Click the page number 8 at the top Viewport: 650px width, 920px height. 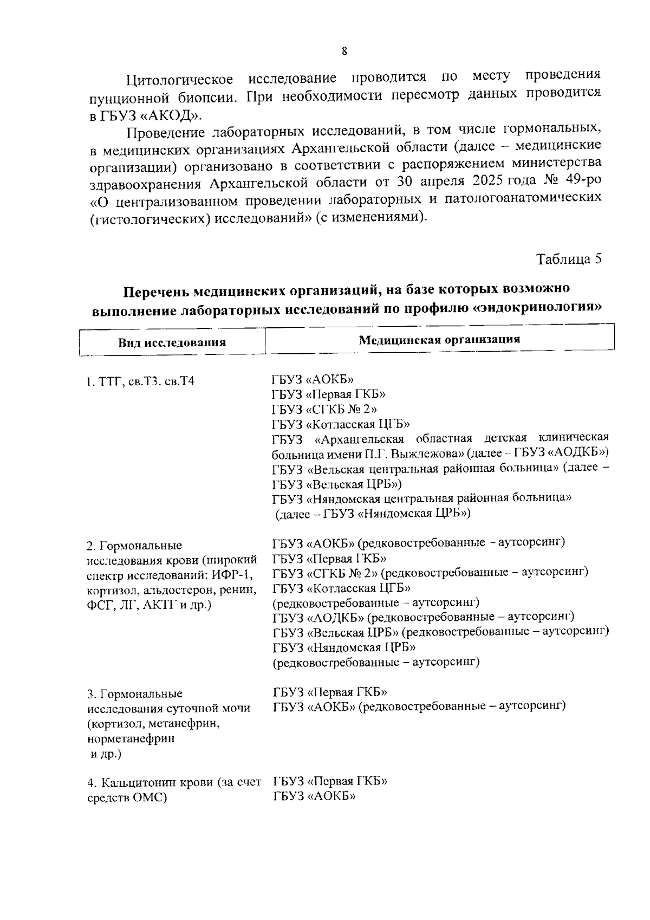(x=344, y=51)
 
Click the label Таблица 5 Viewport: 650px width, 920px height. (x=569, y=258)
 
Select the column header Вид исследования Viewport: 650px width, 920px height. (x=172, y=342)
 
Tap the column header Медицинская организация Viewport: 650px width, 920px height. (x=439, y=340)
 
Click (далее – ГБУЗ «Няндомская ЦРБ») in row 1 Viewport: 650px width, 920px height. (x=373, y=514)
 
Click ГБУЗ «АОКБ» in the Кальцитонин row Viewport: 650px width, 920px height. (x=314, y=796)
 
